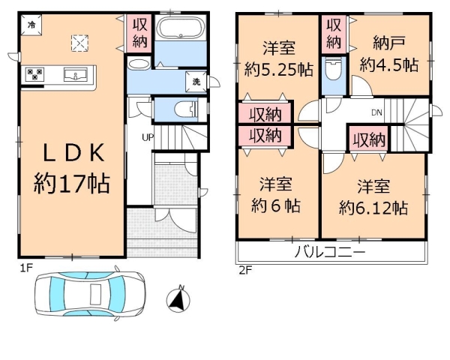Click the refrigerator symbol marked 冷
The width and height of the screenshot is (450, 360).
31,25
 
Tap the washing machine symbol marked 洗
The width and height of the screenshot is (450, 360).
196,82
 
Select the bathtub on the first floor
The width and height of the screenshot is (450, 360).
181,27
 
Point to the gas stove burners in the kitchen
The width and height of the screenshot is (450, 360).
34,74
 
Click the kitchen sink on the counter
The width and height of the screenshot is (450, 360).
76,75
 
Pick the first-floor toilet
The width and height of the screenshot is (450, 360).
186,109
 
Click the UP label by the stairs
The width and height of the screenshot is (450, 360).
148,137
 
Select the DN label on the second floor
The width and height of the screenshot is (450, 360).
376,112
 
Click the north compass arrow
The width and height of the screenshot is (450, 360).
178,300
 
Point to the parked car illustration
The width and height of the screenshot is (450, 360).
89,294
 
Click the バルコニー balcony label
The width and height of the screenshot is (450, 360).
330,252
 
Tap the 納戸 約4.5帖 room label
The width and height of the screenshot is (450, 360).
389,54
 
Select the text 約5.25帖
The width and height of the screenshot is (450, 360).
278,70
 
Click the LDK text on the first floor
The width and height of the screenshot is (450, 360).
73,153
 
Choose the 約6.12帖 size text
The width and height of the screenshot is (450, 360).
373,208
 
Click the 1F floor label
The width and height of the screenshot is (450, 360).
26,268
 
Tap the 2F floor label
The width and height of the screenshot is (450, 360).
245,271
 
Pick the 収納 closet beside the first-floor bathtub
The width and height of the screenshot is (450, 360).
139,34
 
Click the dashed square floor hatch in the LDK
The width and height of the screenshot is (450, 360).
79,43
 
